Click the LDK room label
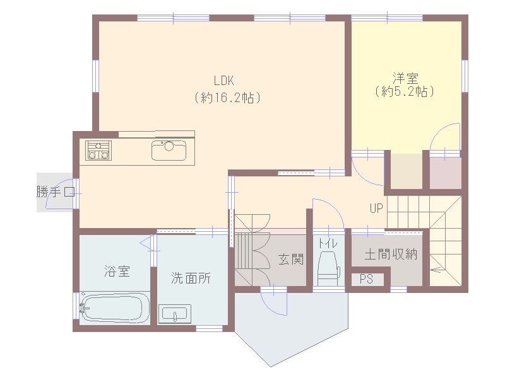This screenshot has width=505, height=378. pyautogui.click(x=224, y=81)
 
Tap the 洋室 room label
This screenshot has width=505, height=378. pyautogui.click(x=405, y=78)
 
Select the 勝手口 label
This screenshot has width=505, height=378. pyautogui.click(x=56, y=192)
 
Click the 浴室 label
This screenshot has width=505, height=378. pyautogui.click(x=117, y=271)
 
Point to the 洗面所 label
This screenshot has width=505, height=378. pyautogui.click(x=191, y=278)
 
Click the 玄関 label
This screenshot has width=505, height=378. pyautogui.click(x=291, y=259)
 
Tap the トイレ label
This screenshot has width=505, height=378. pyautogui.click(x=328, y=243)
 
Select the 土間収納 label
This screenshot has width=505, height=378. pyautogui.click(x=391, y=255)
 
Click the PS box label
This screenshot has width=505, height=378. pyautogui.click(x=366, y=279)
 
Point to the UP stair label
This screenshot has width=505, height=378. pyautogui.click(x=376, y=209)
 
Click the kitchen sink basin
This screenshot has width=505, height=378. pyautogui.click(x=169, y=150)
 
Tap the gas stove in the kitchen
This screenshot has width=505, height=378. pyautogui.click(x=98, y=151)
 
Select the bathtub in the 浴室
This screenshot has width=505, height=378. pyautogui.click(x=115, y=307)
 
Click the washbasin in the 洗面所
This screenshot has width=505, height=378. pyautogui.click(x=175, y=314)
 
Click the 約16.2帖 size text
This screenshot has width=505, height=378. pyautogui.click(x=227, y=98)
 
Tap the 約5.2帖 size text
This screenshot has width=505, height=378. pyautogui.click(x=405, y=92)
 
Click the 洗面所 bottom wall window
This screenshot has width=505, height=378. pyautogui.click(x=210, y=328)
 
